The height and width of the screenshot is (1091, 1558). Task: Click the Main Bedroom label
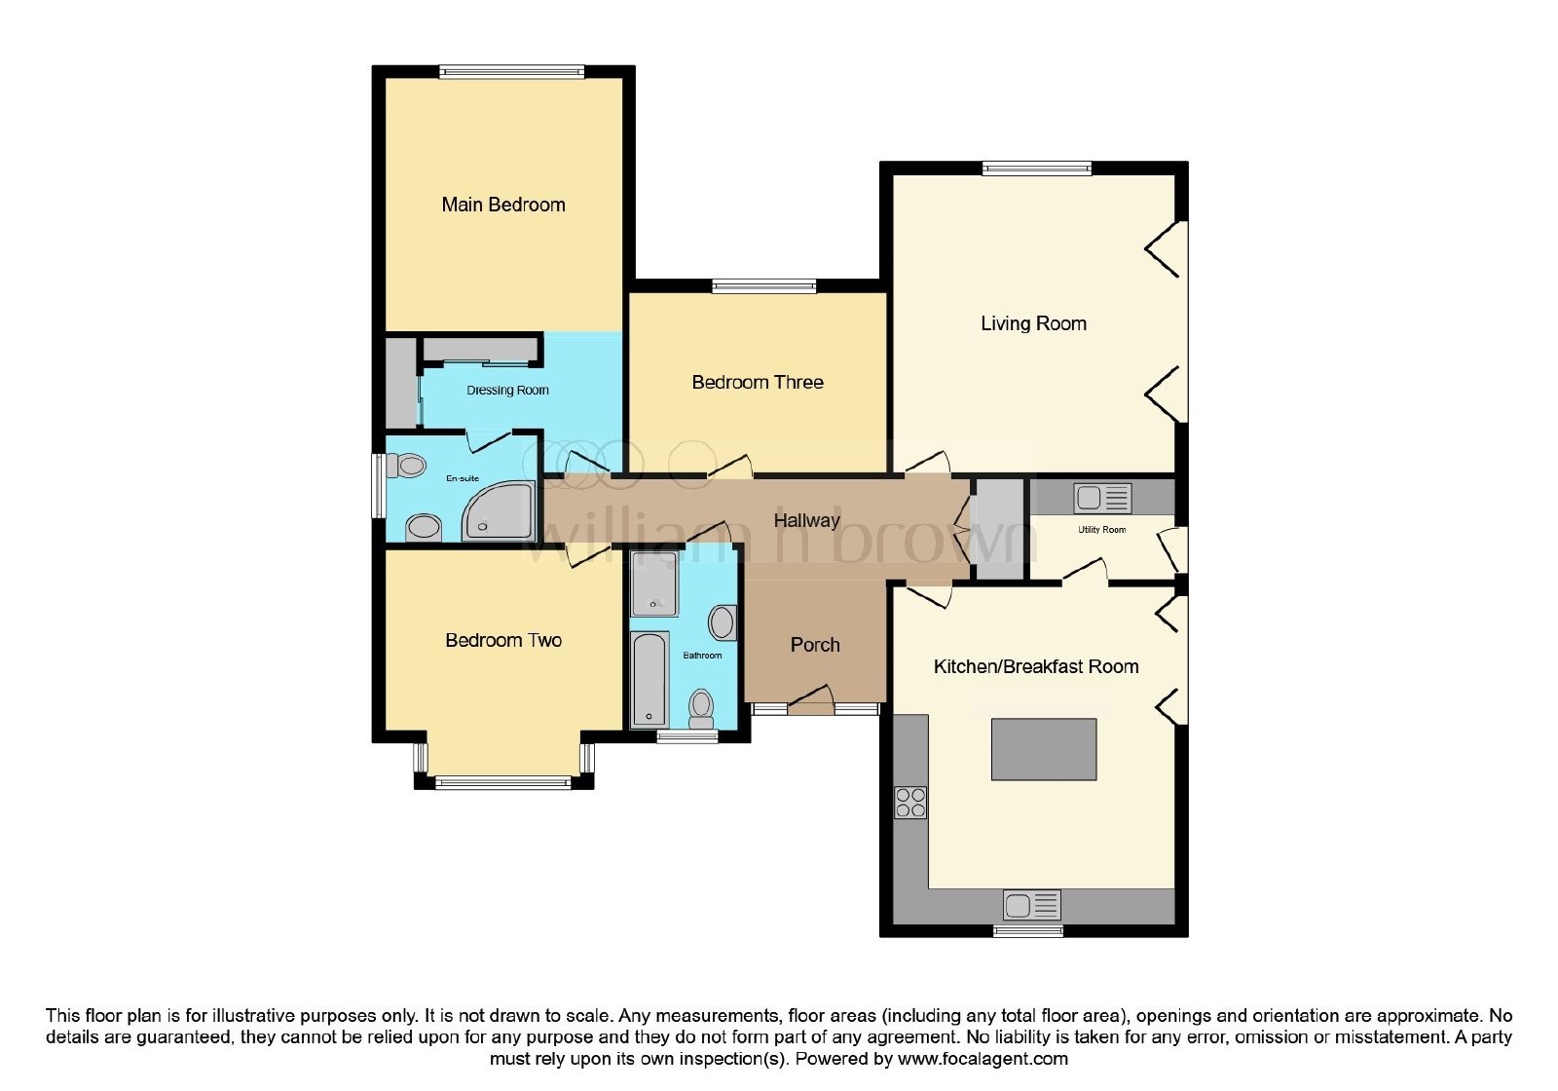click(x=502, y=205)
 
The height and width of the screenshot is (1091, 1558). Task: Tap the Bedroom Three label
click(x=758, y=382)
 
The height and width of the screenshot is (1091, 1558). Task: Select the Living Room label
click(x=1033, y=323)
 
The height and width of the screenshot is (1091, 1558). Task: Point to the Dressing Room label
click(x=507, y=391)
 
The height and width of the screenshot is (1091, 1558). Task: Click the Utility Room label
click(x=1101, y=530)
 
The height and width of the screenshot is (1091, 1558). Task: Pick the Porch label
click(x=815, y=645)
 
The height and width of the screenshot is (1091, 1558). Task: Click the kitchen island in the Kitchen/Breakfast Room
click(x=1043, y=749)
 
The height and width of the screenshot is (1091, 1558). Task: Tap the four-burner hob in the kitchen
click(x=910, y=803)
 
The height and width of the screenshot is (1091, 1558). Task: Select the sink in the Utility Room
click(x=1102, y=498)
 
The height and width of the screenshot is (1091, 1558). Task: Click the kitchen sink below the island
click(x=1031, y=906)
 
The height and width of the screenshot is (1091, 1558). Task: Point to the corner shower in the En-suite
click(x=500, y=510)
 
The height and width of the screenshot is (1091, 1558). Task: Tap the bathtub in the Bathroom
click(x=650, y=679)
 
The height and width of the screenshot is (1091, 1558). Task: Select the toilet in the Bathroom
click(x=701, y=709)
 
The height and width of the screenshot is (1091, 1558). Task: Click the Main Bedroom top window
click(x=511, y=71)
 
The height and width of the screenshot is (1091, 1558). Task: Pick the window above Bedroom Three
click(x=763, y=285)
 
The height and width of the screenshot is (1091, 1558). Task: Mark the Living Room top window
click(x=1036, y=167)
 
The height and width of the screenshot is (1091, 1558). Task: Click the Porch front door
click(x=811, y=700)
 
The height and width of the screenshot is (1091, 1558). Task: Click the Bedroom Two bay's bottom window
click(x=502, y=783)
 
